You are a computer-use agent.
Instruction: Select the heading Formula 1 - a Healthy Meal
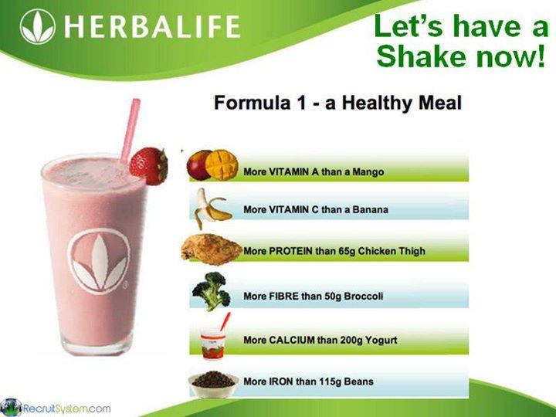[337, 103]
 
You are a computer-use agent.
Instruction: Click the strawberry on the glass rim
[148, 165]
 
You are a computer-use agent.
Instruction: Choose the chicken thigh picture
[210, 249]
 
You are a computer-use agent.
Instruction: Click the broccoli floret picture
[209, 290]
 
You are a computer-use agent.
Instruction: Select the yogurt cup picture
[212, 339]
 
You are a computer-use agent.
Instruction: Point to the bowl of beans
[211, 381]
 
